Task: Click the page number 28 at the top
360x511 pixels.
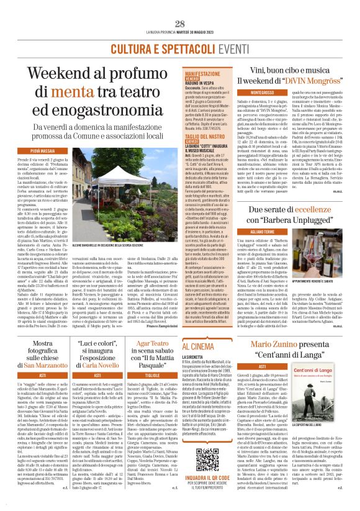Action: coord(179,7)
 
